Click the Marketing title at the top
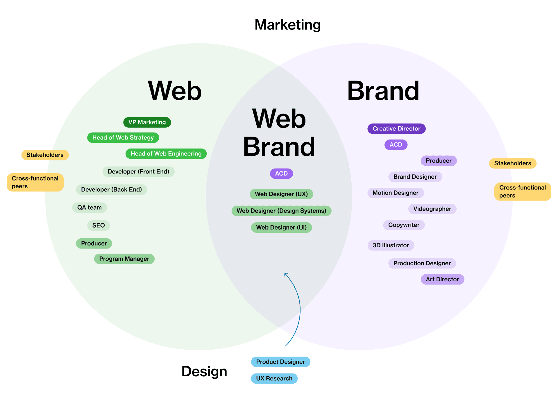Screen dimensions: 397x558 coord(287,25)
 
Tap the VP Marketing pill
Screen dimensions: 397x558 coord(147,122)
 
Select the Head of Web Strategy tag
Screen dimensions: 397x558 coord(123,138)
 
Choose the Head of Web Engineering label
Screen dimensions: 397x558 coord(166,154)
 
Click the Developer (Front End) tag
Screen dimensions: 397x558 coord(138,172)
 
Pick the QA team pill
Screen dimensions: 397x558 coord(90,208)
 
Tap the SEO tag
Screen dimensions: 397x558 coord(99,226)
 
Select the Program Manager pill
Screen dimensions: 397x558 coord(124,259)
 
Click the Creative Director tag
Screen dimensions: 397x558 coord(396,129)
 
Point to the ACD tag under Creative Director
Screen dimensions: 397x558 coord(396,145)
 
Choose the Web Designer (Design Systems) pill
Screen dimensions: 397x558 coord(281,211)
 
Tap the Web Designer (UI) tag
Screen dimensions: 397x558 coord(281,228)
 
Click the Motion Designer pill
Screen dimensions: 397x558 coord(396,193)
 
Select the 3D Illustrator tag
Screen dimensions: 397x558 coord(391,246)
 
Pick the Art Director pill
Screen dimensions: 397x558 coord(442,280)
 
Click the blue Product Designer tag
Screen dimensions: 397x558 coord(280,362)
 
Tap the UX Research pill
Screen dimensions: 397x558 coord(274,379)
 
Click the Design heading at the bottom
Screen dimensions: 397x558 coord(204,372)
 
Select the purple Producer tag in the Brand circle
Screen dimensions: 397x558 coord(439,161)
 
